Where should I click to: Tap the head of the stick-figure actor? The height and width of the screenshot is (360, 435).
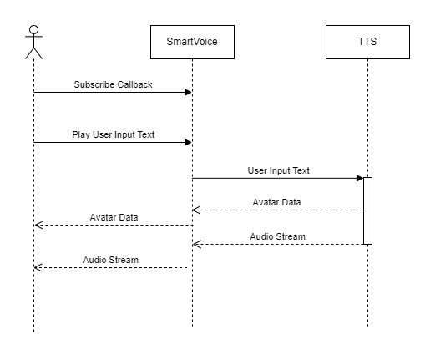pos(33,30)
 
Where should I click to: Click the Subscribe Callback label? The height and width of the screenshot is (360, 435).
pos(113,84)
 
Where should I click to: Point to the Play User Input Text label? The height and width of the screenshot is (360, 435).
pos(113,134)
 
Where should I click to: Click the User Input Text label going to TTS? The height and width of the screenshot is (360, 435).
pos(278,170)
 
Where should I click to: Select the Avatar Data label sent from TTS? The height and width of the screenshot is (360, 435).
pos(276,202)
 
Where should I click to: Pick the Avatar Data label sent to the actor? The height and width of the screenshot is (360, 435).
pos(114,217)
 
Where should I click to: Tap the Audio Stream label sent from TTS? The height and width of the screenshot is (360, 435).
pos(277,236)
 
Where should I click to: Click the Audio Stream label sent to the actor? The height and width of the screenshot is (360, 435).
pos(111,260)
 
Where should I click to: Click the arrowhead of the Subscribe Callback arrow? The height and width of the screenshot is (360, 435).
pos(188,92)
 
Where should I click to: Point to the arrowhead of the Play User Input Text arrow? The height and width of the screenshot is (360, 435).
pos(188,143)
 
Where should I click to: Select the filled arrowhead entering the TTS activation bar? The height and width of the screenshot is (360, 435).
pos(360,178)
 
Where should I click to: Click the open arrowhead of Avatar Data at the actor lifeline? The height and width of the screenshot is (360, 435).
pos(38,225)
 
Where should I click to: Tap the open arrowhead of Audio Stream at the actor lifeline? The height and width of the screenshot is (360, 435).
pos(38,268)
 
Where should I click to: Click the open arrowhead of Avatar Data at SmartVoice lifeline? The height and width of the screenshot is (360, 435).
pos(196,210)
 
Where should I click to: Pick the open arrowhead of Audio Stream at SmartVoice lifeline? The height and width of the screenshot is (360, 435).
pos(196,245)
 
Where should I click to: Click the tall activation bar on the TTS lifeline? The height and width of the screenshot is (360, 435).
pos(367,210)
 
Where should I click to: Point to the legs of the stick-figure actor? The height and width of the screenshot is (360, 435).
pos(33,53)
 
